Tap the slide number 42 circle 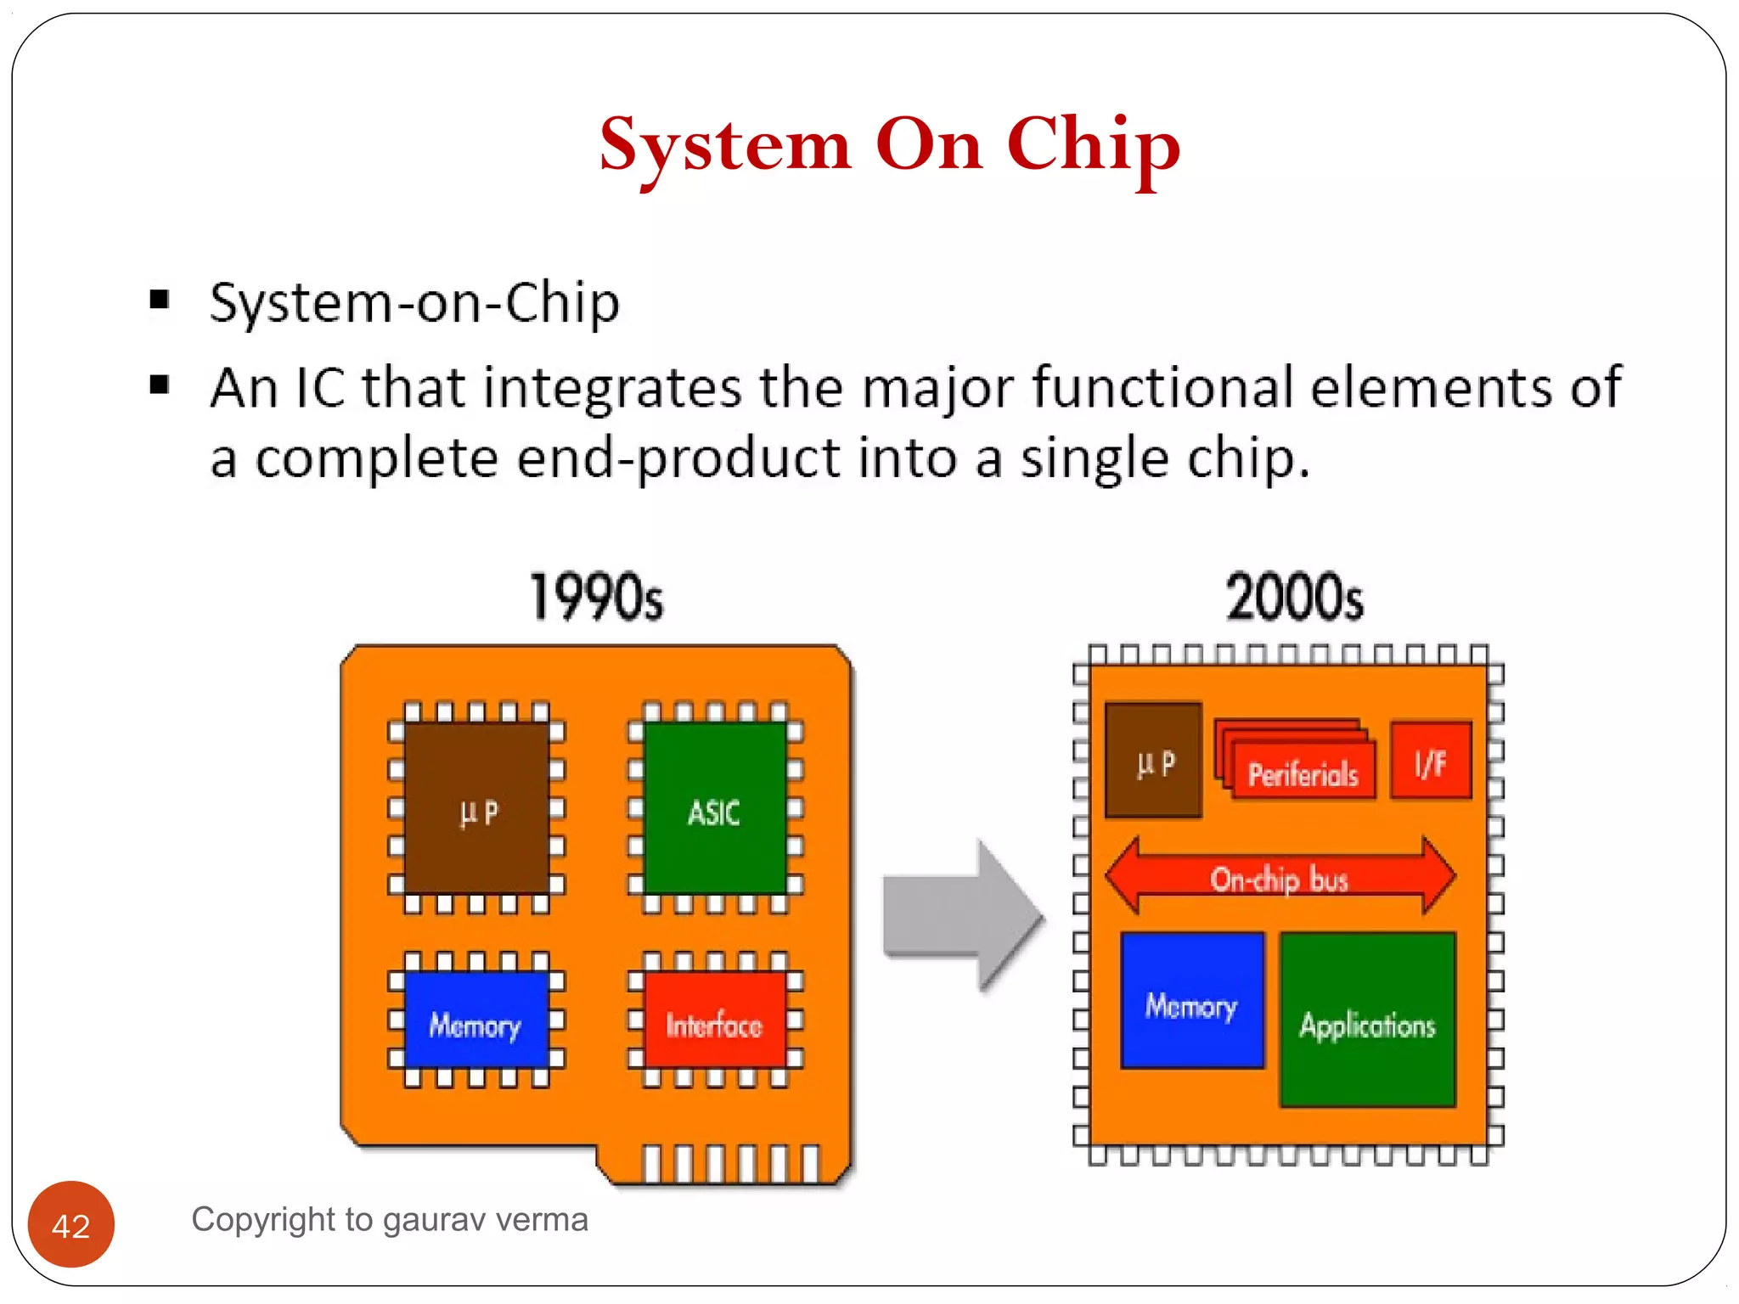click(70, 1224)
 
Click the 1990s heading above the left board click(596, 597)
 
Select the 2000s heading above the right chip click(1294, 597)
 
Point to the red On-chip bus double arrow click(1280, 878)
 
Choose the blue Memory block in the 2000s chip click(1192, 1002)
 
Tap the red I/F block click(1431, 762)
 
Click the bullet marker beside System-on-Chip click(159, 299)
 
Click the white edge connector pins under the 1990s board click(730, 1163)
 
